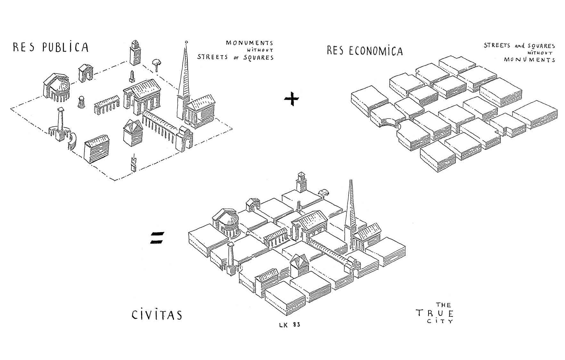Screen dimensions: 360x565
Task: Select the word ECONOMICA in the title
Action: point(375,51)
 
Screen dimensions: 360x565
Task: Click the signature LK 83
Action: point(290,324)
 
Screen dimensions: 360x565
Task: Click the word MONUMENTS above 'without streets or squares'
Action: point(250,43)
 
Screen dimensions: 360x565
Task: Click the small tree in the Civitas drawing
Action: point(324,192)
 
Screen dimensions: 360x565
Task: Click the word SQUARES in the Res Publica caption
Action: point(258,58)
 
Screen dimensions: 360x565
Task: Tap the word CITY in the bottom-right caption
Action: point(440,321)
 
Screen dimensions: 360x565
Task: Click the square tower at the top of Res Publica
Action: point(135,53)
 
